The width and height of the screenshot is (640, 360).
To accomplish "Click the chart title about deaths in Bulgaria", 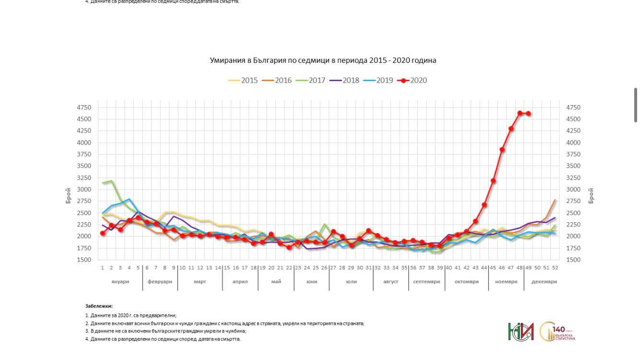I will (323, 60).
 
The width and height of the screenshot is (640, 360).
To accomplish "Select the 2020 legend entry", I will (413, 81).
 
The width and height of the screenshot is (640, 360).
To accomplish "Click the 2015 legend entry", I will (243, 81).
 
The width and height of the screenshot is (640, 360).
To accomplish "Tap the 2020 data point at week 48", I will (520, 113).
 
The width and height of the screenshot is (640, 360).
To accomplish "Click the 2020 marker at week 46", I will (502, 150).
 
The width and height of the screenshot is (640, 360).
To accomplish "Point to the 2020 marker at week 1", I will (103, 233).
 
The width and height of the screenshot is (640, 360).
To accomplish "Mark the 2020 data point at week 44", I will (485, 205).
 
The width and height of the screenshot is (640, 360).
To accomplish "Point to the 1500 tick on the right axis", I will (574, 260).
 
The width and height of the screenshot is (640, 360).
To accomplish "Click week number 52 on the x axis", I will (555, 268).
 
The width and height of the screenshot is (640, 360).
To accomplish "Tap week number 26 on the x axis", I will (324, 268).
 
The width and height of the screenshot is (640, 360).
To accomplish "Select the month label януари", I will (120, 282).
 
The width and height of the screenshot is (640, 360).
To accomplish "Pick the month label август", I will (391, 282).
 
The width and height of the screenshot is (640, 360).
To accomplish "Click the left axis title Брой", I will (69, 196).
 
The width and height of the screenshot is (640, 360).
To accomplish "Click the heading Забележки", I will (99, 306).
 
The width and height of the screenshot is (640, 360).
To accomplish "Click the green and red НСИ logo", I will (521, 332).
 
